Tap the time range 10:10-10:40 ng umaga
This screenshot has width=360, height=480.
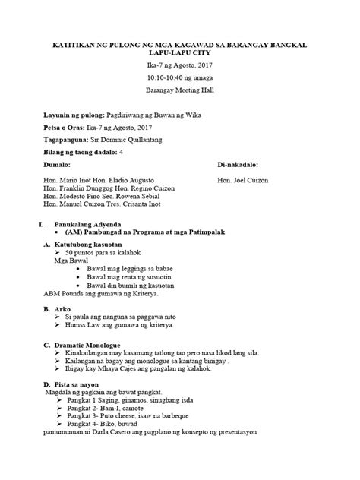point(180,77)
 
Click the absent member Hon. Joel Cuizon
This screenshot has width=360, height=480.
point(245,183)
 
